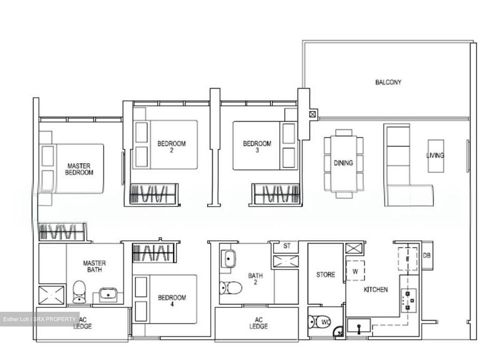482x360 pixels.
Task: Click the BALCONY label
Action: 388,82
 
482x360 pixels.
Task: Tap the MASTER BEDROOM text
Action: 79,169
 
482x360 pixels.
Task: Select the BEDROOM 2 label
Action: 171,147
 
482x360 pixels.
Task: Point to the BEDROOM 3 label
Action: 257,147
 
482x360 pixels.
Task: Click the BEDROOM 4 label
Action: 172,300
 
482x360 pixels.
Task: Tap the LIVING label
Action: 435,155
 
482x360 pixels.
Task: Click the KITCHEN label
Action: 376,289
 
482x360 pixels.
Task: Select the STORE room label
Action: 325,275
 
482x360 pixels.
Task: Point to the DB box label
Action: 426,256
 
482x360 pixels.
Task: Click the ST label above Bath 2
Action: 287,246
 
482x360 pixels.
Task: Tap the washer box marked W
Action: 355,271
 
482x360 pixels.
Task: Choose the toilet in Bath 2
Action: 231,287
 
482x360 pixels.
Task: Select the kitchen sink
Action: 359,326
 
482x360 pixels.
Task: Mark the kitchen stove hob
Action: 408,300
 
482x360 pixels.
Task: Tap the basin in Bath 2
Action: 229,259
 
